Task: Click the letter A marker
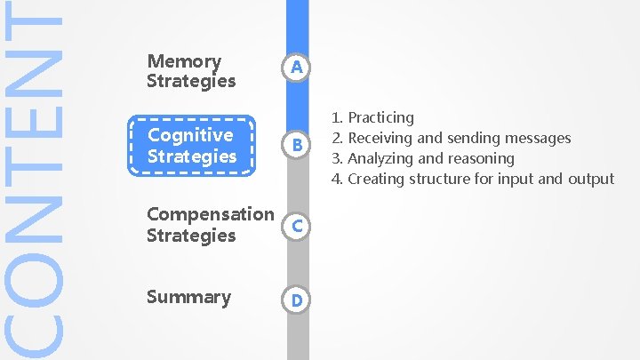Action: (298, 68)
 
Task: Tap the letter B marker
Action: (298, 144)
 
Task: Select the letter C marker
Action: (298, 227)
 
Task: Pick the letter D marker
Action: (298, 301)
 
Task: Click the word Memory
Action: (184, 61)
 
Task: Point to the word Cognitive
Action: (190, 135)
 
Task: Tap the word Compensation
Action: (211, 214)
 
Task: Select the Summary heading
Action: (188, 297)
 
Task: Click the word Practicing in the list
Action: (380, 117)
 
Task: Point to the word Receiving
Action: (380, 138)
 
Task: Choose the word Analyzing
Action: (380, 158)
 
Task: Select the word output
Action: (591, 179)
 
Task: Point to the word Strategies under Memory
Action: (191, 81)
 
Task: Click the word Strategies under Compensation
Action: (191, 236)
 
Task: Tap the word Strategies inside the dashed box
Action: (192, 156)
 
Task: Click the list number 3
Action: (337, 158)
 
